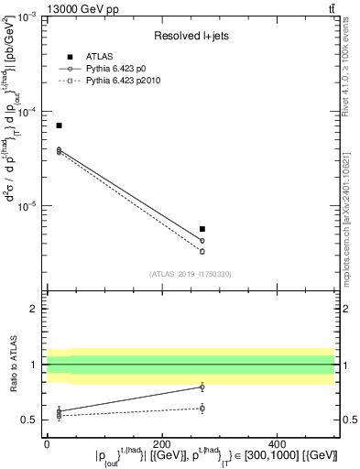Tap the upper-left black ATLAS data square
[x=59, y=125]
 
